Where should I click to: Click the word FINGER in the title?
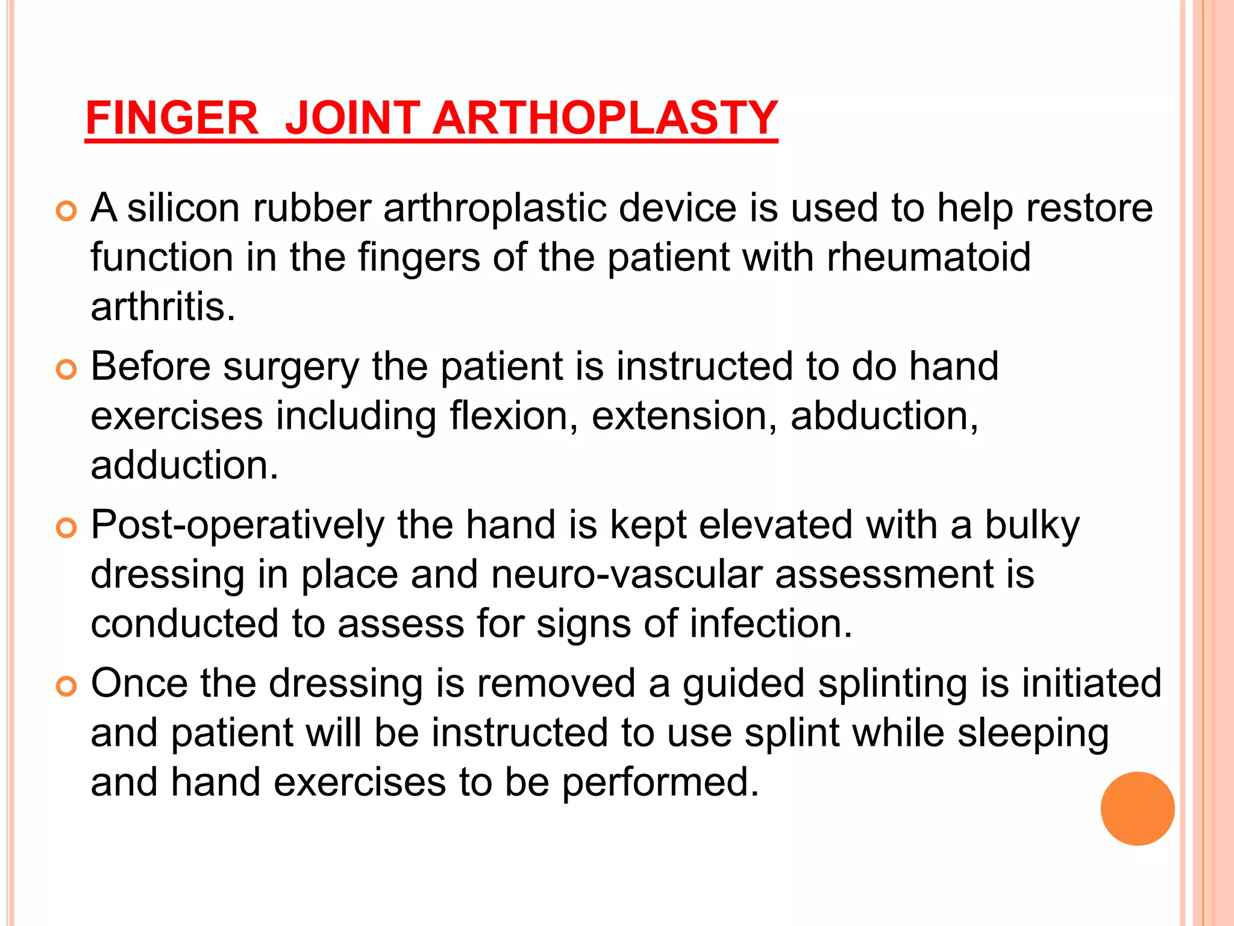pyautogui.click(x=172, y=118)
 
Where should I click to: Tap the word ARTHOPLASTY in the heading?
pyautogui.click(x=605, y=118)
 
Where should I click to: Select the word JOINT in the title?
pyautogui.click(x=352, y=118)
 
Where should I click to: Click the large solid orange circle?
pyautogui.click(x=1137, y=808)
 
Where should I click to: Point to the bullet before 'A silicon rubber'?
pyautogui.click(x=66, y=211)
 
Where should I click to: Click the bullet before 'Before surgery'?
pyautogui.click(x=66, y=370)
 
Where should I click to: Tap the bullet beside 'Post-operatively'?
pyautogui.click(x=66, y=528)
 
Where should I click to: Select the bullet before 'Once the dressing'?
pyautogui.click(x=66, y=687)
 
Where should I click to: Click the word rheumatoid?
pyautogui.click(x=929, y=257)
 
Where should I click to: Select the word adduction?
pyautogui.click(x=184, y=465)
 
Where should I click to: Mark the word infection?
pyautogui.click(x=771, y=624)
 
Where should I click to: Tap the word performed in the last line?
pyautogui.click(x=660, y=783)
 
